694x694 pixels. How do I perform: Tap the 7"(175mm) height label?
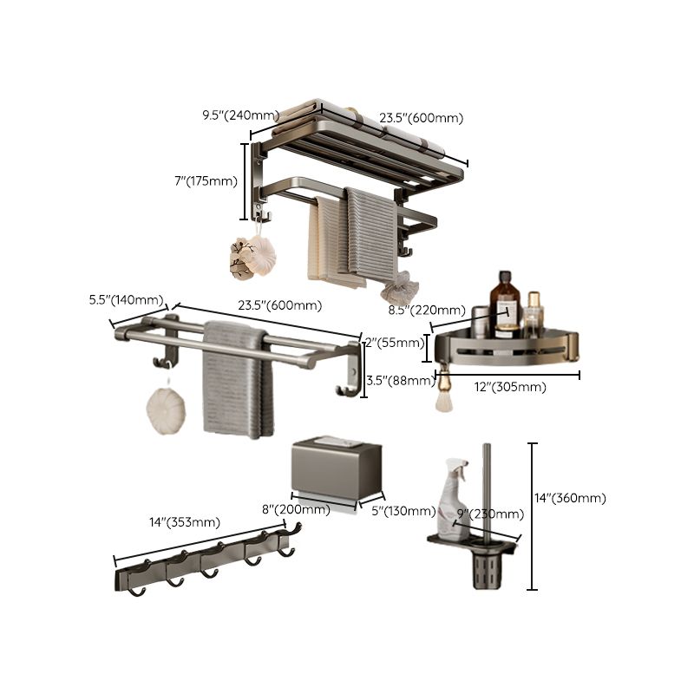[206, 180]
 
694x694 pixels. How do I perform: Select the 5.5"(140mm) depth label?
[127, 300]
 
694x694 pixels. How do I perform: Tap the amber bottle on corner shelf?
[506, 304]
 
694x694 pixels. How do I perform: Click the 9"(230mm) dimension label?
[479, 514]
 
